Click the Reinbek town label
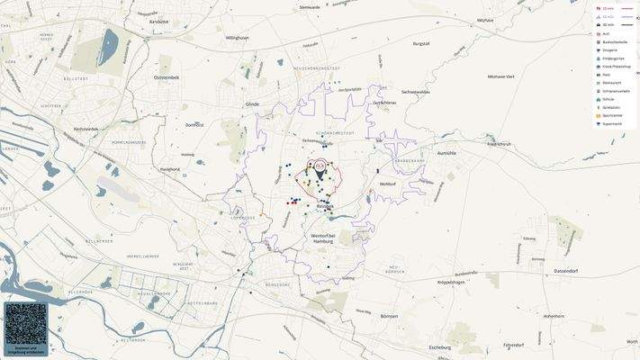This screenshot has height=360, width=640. tap(325, 206)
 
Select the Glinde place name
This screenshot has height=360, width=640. tap(252, 103)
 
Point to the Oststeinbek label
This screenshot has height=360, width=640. tap(167, 77)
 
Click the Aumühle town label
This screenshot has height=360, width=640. tap(446, 153)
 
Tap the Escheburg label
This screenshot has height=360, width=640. tap(440, 346)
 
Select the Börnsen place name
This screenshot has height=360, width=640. tap(390, 316)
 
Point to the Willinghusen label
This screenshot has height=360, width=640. tap(237, 38)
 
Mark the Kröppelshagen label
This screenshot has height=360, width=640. tap(450, 282)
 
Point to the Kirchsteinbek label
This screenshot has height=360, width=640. tap(86, 129)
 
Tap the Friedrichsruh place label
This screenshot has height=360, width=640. tap(499, 143)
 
